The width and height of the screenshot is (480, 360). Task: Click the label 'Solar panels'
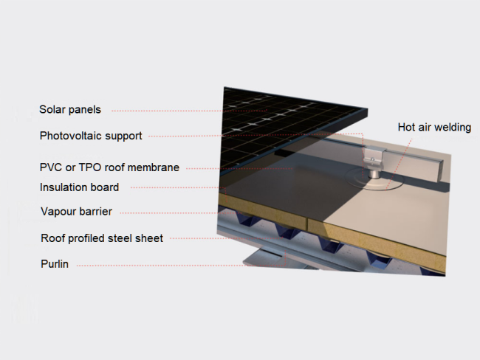pyautogui.click(x=70, y=109)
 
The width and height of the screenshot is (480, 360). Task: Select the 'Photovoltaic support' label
pyautogui.click(x=91, y=136)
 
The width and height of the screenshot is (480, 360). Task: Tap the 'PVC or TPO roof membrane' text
pyautogui.click(x=109, y=167)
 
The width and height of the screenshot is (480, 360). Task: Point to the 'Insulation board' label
pyautogui.click(x=79, y=187)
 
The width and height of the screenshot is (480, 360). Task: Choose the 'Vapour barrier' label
pyautogui.click(x=76, y=211)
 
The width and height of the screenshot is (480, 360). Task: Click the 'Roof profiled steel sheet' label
pyautogui.click(x=102, y=238)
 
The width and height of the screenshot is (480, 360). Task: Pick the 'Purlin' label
pyautogui.click(x=55, y=263)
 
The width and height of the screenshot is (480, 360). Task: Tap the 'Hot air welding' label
pyautogui.click(x=434, y=127)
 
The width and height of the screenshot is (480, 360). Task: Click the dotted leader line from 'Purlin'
pyautogui.click(x=181, y=266)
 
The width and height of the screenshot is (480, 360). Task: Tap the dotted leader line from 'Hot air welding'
pyautogui.click(x=399, y=163)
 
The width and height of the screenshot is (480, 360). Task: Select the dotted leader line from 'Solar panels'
pyautogui.click(x=190, y=111)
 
